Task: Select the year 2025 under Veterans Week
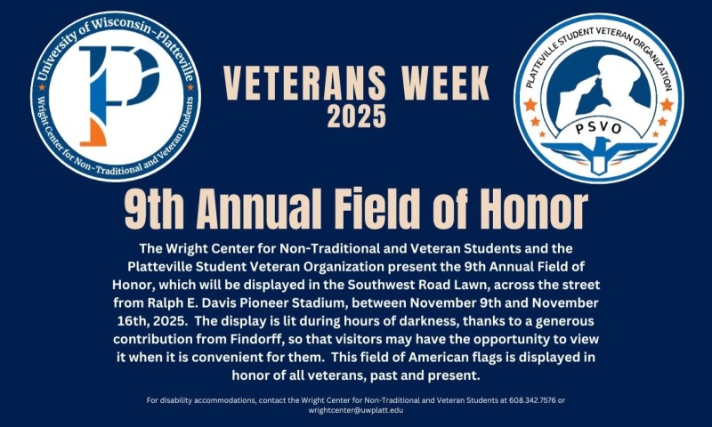[357, 116]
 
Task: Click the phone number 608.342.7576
[527, 400]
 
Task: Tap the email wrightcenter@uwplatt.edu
[356, 411]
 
